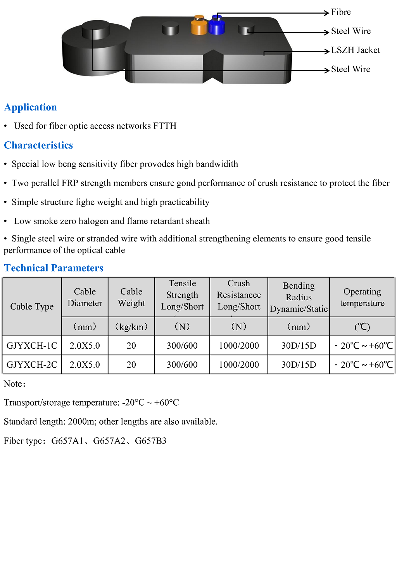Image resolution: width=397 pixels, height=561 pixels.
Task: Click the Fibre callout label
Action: pyautogui.click(x=341, y=12)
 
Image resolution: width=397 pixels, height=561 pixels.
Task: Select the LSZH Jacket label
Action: pyautogui.click(x=355, y=50)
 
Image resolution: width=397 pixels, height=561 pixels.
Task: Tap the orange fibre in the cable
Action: pyautogui.click(x=199, y=26)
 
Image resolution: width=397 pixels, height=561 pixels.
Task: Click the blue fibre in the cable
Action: pyautogui.click(x=217, y=26)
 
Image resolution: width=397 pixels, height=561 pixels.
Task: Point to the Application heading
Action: pyautogui.click(x=31, y=107)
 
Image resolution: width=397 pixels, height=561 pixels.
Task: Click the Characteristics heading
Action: pyautogui.click(x=38, y=145)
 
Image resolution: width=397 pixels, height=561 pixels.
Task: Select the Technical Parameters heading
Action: pyautogui.click(x=54, y=268)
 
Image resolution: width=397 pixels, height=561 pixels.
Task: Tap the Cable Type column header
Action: pyautogui.click(x=32, y=306)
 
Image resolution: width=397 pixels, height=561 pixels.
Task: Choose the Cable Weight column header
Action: pyautogui.click(x=131, y=297)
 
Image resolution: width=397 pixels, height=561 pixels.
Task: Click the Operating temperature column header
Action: pyautogui.click(x=362, y=297)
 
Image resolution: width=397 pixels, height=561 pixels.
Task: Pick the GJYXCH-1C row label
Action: pyautogui.click(x=32, y=346)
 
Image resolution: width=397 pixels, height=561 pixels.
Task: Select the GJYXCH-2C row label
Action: pyautogui.click(x=32, y=365)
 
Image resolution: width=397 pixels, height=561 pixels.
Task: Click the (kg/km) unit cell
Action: pyautogui.click(x=131, y=327)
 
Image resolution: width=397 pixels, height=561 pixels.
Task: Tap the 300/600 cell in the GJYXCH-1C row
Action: pyautogui.click(x=182, y=346)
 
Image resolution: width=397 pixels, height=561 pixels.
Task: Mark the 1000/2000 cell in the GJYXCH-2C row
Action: pyautogui.click(x=239, y=365)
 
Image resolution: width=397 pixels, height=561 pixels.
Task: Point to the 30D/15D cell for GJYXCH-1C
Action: pyautogui.click(x=299, y=346)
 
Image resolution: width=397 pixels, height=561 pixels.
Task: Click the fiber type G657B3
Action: pyautogui.click(x=150, y=441)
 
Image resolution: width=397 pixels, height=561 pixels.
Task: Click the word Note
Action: pyautogui.click(x=13, y=384)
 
